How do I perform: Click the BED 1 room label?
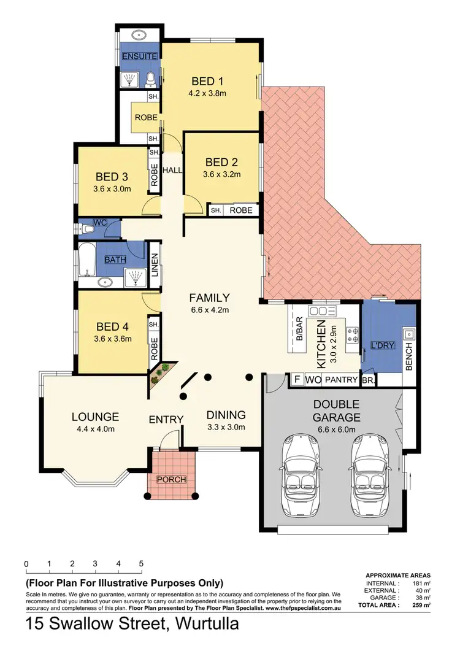pos(207,81)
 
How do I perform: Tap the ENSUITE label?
pos(139,56)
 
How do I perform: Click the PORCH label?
pos(172,479)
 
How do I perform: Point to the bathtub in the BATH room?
pos(87,260)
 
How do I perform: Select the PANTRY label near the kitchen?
pos(341,380)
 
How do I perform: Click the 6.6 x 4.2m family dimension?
pos(209,310)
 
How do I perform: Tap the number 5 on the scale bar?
pos(141,564)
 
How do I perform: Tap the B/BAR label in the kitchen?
pos(300,331)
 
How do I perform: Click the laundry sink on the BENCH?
pos(408,335)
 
